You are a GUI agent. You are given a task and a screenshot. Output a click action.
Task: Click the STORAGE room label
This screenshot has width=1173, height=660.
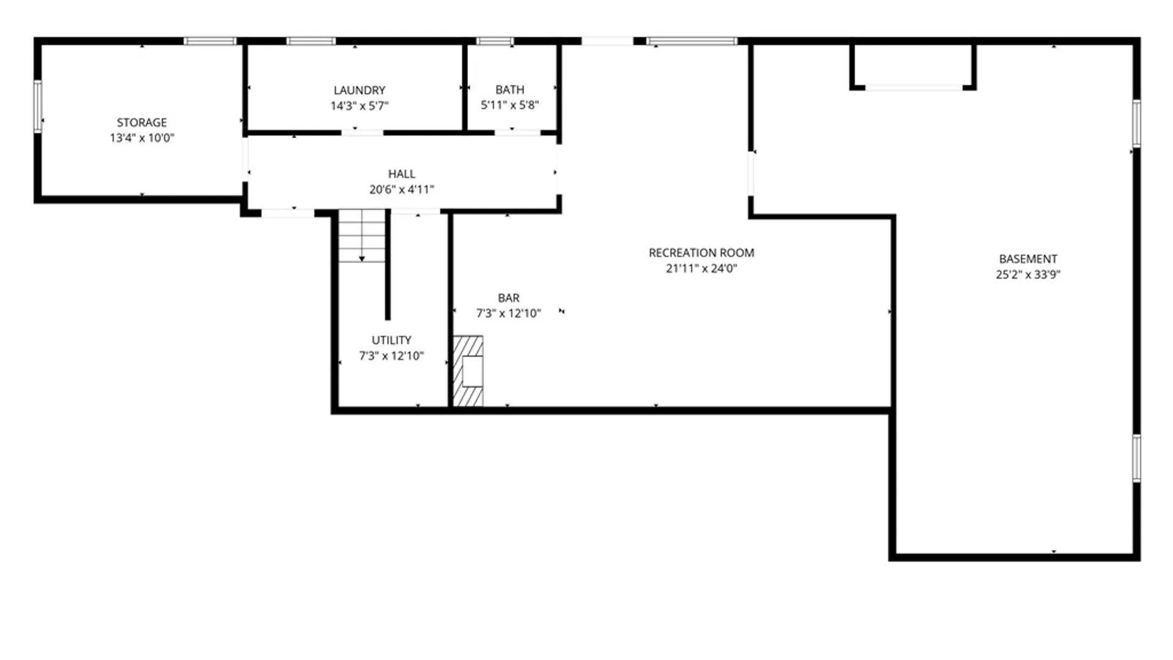142,122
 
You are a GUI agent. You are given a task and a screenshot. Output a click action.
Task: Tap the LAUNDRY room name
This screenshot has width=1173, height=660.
359,90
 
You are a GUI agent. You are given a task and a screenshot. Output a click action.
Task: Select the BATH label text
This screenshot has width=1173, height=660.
510,89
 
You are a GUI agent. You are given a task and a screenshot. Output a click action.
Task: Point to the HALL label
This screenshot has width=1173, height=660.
401,174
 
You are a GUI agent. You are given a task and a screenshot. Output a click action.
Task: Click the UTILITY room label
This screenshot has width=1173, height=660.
391,340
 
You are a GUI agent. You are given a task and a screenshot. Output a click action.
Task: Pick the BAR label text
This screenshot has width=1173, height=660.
508,298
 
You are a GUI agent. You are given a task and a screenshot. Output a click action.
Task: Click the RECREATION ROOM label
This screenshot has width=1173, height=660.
701,252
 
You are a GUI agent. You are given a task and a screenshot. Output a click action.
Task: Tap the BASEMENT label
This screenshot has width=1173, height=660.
1028,258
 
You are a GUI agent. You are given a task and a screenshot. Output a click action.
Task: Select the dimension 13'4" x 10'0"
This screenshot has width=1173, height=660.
142,138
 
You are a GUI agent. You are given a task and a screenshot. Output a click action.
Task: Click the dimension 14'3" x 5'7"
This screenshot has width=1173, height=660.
359,106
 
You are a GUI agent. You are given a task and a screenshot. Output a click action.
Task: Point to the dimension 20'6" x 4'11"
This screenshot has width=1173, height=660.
401,189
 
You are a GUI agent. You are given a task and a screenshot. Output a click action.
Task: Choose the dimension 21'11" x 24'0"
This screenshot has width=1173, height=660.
701,268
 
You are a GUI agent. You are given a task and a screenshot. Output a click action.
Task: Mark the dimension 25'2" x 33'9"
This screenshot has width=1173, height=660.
1028,274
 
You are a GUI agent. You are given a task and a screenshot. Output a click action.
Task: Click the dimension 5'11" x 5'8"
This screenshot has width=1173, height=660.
510,105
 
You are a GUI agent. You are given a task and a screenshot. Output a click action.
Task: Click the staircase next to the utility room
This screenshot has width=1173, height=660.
362,236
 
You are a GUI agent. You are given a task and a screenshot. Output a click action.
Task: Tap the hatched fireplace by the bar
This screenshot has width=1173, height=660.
468,371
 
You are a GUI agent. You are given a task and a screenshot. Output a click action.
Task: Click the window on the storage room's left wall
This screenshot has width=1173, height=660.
38,107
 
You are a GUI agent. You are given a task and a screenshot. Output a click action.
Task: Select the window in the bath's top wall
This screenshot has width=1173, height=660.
495,41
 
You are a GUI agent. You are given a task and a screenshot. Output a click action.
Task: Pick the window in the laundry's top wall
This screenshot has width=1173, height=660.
311,41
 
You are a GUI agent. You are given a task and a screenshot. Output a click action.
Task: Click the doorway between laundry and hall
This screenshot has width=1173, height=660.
362,132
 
